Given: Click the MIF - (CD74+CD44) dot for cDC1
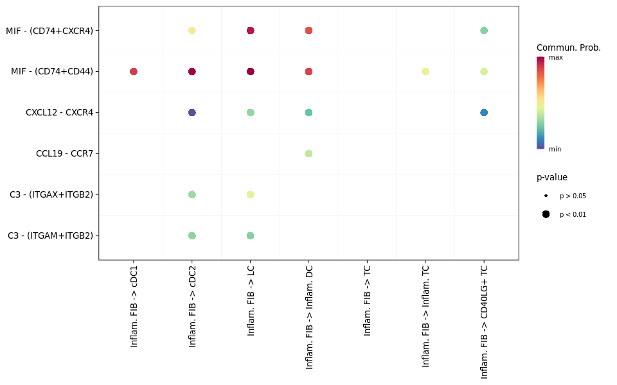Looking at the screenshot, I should tap(134, 71).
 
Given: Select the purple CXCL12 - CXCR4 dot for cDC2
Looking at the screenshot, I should tap(192, 112).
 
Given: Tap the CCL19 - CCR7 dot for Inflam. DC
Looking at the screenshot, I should tap(308, 153).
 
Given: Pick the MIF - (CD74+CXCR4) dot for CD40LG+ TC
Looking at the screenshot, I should tap(484, 30).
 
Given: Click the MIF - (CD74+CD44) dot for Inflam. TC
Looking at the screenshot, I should tap(425, 71).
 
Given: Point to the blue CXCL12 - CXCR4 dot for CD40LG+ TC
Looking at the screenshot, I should tap(484, 112).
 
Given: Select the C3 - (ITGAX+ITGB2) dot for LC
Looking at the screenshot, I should tap(250, 194).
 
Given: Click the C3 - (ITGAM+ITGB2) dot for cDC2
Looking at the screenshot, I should tap(192, 235).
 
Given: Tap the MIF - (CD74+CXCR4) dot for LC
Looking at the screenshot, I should tap(250, 30).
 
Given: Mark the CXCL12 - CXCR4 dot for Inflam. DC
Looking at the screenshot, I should tap(308, 112).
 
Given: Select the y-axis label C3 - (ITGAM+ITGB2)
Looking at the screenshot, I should tap(50, 235).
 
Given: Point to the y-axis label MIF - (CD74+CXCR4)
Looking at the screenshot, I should tap(49, 30).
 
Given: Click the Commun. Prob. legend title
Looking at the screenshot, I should tap(568, 47).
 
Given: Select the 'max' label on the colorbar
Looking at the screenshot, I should tap(555, 58).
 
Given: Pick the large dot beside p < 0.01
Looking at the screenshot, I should tap(546, 214).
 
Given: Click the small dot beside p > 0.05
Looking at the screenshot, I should tap(546, 196).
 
